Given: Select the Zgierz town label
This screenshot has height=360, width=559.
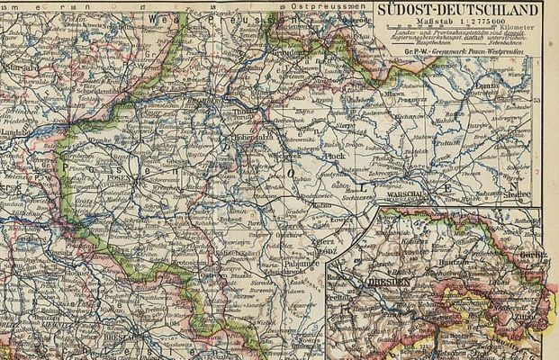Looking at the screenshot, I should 322,242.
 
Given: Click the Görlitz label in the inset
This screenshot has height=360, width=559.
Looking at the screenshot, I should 533,255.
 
